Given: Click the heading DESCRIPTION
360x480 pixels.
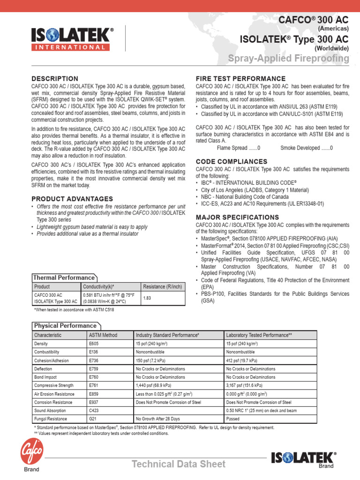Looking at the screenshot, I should click(55, 78).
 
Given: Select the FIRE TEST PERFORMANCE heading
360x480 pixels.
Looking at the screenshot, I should click(240, 78).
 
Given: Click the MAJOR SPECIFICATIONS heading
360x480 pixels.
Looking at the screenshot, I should click(237, 217).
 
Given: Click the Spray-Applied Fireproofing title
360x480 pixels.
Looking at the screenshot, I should click(288, 59).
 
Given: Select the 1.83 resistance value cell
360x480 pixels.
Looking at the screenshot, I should click(147, 298).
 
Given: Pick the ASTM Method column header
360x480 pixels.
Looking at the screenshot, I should click(103, 335).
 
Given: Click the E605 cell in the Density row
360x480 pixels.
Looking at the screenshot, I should click(94, 344).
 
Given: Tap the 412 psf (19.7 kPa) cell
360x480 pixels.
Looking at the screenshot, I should click(241, 360).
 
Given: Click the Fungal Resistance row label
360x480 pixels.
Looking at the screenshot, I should click(51, 419).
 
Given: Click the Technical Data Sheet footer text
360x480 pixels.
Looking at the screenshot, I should click(178, 464).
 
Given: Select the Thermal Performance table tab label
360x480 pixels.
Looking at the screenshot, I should click(64, 277).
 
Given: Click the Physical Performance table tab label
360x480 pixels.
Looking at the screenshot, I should click(65, 326).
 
